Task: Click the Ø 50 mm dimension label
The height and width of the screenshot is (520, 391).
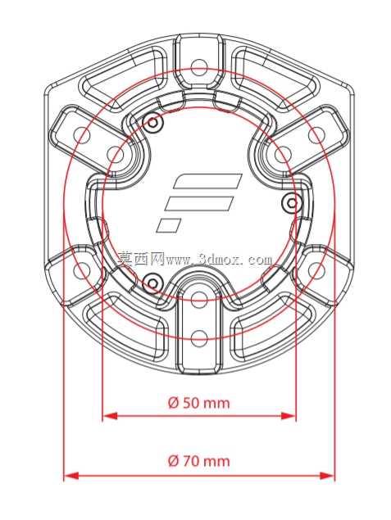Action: click(199, 403)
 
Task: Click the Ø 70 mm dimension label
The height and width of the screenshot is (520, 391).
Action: click(199, 461)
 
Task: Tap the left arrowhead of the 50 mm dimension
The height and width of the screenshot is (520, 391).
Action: click(110, 416)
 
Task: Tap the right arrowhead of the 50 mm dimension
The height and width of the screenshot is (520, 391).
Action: click(288, 416)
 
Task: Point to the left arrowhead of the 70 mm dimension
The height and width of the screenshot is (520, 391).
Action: click(71, 476)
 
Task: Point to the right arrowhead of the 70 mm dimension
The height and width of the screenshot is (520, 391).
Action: click(327, 476)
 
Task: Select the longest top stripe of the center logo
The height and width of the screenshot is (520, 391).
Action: click(207, 181)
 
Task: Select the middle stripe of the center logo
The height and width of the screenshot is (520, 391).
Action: click(199, 203)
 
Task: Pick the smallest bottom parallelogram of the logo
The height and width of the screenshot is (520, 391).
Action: click(169, 225)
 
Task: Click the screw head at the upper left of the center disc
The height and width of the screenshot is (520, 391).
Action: click(152, 123)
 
